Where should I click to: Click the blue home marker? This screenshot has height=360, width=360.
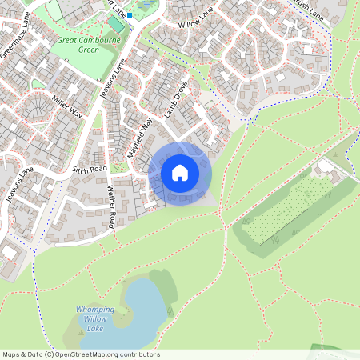tap(180, 173)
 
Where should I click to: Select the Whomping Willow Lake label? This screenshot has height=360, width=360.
tap(94, 318)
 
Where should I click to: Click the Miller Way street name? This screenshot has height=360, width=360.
tap(67, 105)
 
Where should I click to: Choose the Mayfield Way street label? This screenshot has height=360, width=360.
tap(139, 137)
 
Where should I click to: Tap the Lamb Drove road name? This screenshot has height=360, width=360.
tap(175, 99)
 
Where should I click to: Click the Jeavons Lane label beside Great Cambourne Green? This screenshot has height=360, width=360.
tap(114, 83)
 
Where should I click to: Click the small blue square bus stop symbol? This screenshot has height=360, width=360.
tap(130, 14)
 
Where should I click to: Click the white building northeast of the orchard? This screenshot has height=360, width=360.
tap(326, 169)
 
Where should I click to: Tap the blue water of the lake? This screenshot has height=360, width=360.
tap(136, 308)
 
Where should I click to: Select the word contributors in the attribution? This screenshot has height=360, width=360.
tap(138, 354)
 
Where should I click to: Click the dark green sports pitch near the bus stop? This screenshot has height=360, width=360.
tap(146, 7)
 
